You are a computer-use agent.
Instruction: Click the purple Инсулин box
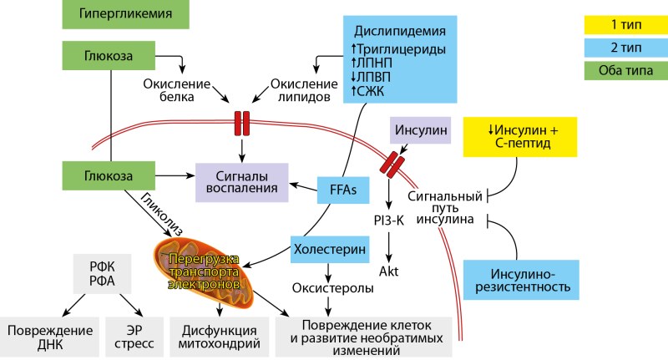[x=420, y=130]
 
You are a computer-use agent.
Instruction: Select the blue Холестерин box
[x=329, y=248]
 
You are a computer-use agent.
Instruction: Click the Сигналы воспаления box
[x=242, y=182]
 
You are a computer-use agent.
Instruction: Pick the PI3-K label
[x=388, y=221]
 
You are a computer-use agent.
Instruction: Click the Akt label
[x=389, y=271]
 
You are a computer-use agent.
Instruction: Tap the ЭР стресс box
[x=130, y=334]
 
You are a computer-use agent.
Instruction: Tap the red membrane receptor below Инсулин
[x=392, y=163]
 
